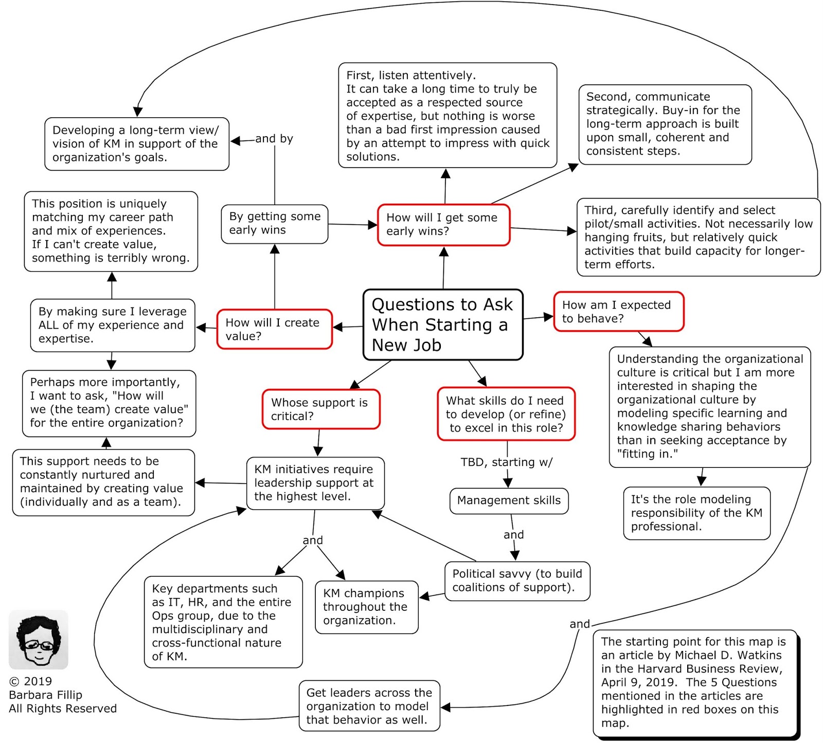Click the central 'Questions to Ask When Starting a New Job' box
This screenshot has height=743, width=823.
pyautogui.click(x=442, y=324)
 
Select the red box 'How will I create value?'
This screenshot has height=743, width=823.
pyautogui.click(x=274, y=329)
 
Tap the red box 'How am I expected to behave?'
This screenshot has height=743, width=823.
pyautogui.click(x=618, y=312)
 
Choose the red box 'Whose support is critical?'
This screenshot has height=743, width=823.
pyautogui.click(x=320, y=409)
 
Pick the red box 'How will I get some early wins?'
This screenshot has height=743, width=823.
pyautogui.click(x=443, y=225)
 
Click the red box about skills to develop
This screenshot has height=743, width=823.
pyautogui.click(x=506, y=414)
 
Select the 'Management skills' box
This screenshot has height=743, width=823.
pyautogui.click(x=509, y=501)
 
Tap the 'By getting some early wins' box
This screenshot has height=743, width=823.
pyautogui.click(x=274, y=224)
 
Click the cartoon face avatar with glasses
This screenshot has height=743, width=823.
pyautogui.click(x=39, y=640)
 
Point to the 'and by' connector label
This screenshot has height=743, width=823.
pyautogui.click(x=274, y=139)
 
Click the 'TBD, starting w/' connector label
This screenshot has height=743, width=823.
pyautogui.click(x=506, y=462)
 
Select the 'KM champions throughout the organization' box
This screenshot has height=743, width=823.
pyautogui.click(x=366, y=607)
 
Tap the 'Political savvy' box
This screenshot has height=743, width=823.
pyautogui.click(x=517, y=581)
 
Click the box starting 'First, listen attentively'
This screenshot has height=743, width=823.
pyautogui.click(x=447, y=116)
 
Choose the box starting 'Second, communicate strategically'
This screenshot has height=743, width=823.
pyautogui.click(x=665, y=124)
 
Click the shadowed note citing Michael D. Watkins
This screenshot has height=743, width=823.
pyautogui.click(x=694, y=683)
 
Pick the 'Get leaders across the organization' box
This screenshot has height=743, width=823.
pyautogui.click(x=369, y=706)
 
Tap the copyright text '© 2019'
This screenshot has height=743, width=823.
pyautogui.click(x=31, y=681)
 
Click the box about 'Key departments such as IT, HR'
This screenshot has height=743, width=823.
pyautogui.click(x=223, y=622)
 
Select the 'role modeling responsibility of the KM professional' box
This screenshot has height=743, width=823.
pyautogui.click(x=696, y=513)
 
